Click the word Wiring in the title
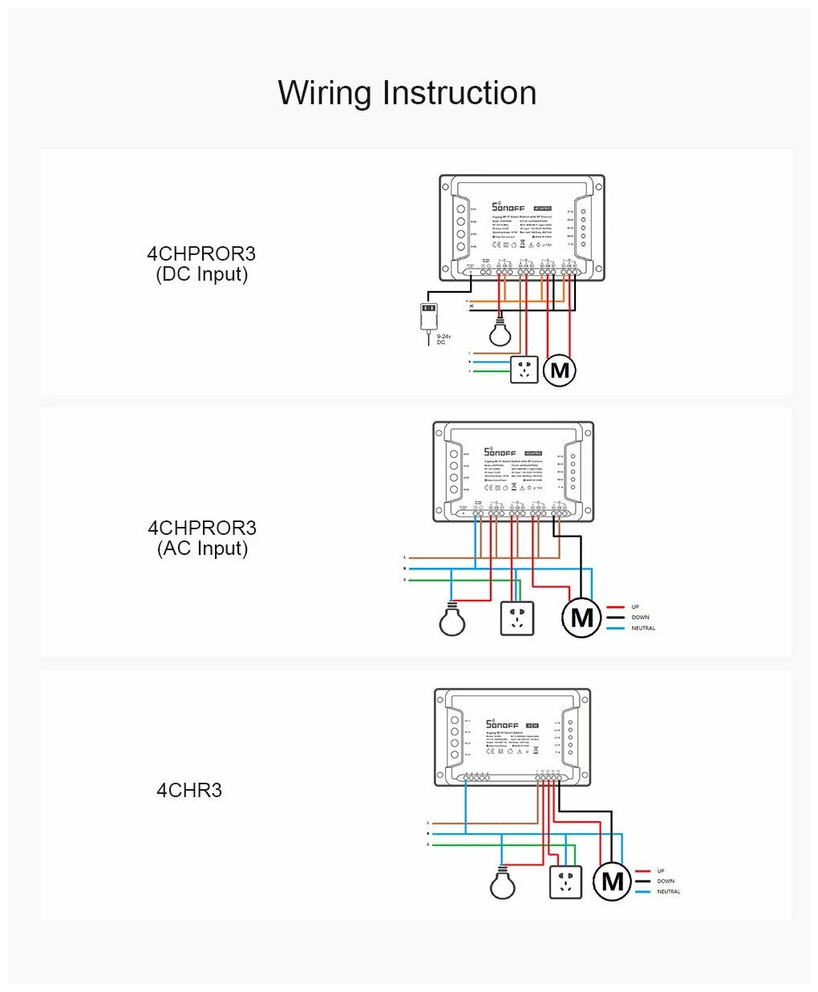coord(325,94)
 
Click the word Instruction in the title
coord(460,93)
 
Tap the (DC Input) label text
coord(201,274)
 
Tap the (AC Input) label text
coord(202,549)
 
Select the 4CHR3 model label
coord(189,790)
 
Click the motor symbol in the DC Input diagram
coord(560,370)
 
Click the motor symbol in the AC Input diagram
coord(581,617)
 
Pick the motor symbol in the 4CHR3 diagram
coord(612,881)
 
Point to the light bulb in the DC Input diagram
coord(500,330)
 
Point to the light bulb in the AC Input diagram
coord(452,619)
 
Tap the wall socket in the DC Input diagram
coord(524,370)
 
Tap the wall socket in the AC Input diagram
coord(516,618)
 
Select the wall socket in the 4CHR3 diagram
coord(565,882)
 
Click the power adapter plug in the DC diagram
coord(430,314)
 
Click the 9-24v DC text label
coord(442,339)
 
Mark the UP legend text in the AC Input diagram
coord(635,607)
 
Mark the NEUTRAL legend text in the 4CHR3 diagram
coord(668,892)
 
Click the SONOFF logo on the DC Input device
coord(508,207)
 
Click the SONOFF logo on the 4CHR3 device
coord(502,724)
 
